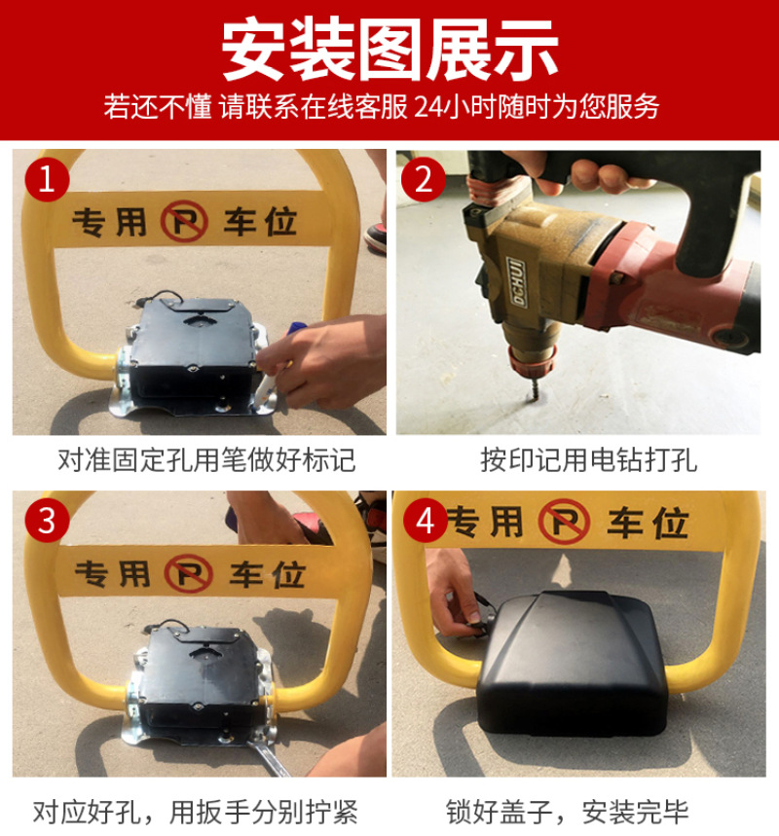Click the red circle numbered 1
pos(47,179)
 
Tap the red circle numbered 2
pos(424,179)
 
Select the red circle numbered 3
pos(47,520)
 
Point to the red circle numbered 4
pos(426,520)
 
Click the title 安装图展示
pos(389,50)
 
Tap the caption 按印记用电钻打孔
pos(588,459)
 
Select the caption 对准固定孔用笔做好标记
pos(206,459)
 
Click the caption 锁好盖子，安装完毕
pos(567,812)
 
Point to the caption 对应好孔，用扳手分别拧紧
pos(196,812)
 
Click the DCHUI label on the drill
pos(516,282)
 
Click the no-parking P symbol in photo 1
pos(185,221)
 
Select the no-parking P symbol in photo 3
pos(188,573)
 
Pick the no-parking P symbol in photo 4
pos(565,521)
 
